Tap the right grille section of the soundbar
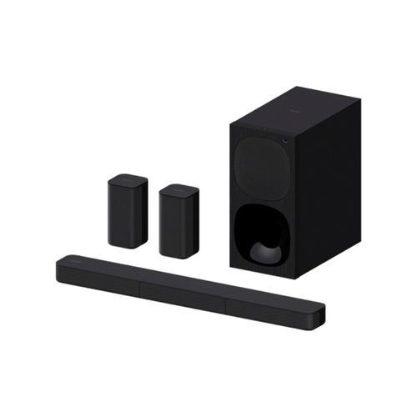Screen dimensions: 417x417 (267, 306)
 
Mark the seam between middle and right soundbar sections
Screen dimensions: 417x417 (224, 299)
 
